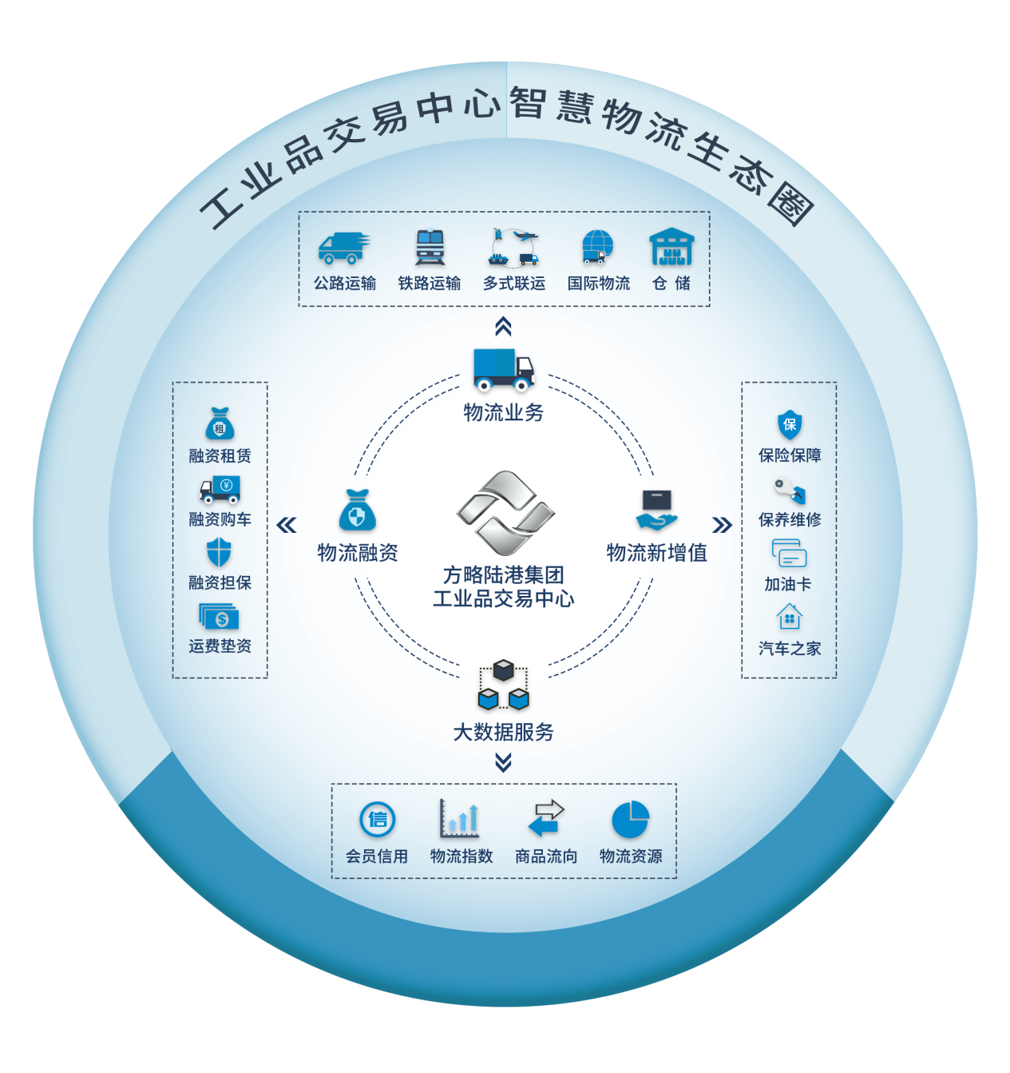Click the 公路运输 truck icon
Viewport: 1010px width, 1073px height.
[x=344, y=248]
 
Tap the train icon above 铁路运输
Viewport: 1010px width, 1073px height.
[x=430, y=248]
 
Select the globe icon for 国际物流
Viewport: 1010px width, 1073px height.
[x=597, y=247]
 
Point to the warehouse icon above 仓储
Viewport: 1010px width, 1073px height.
[x=671, y=247]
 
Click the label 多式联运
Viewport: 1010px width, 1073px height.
[x=514, y=284]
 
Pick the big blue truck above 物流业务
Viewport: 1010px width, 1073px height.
[x=503, y=370]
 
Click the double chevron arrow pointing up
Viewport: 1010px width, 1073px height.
[x=503, y=327]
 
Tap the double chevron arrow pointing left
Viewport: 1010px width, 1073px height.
[x=286, y=525]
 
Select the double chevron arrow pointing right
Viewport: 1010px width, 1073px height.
[x=722, y=525]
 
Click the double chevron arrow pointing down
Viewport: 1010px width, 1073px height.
[x=503, y=764]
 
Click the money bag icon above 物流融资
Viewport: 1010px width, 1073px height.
[x=358, y=511]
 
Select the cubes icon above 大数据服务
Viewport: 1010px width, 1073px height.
[x=503, y=686]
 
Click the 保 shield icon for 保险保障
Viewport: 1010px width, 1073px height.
[x=790, y=425]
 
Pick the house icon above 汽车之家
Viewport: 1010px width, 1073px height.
[x=789, y=618]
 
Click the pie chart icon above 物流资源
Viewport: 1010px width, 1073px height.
[x=631, y=820]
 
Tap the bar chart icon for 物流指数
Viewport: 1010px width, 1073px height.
[x=460, y=819]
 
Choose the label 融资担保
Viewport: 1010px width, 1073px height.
[x=220, y=583]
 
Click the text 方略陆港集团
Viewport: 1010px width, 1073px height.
[x=504, y=575]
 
